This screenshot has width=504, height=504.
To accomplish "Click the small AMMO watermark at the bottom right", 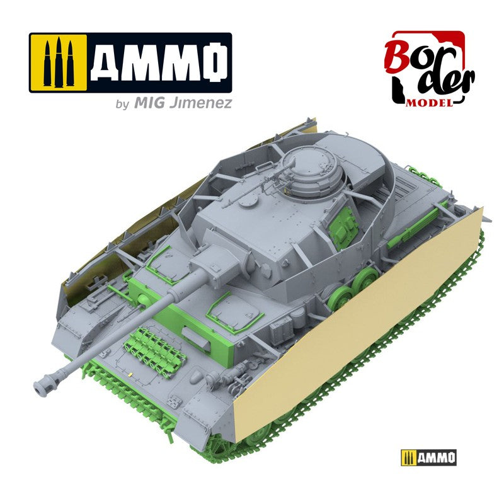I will [428, 457].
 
